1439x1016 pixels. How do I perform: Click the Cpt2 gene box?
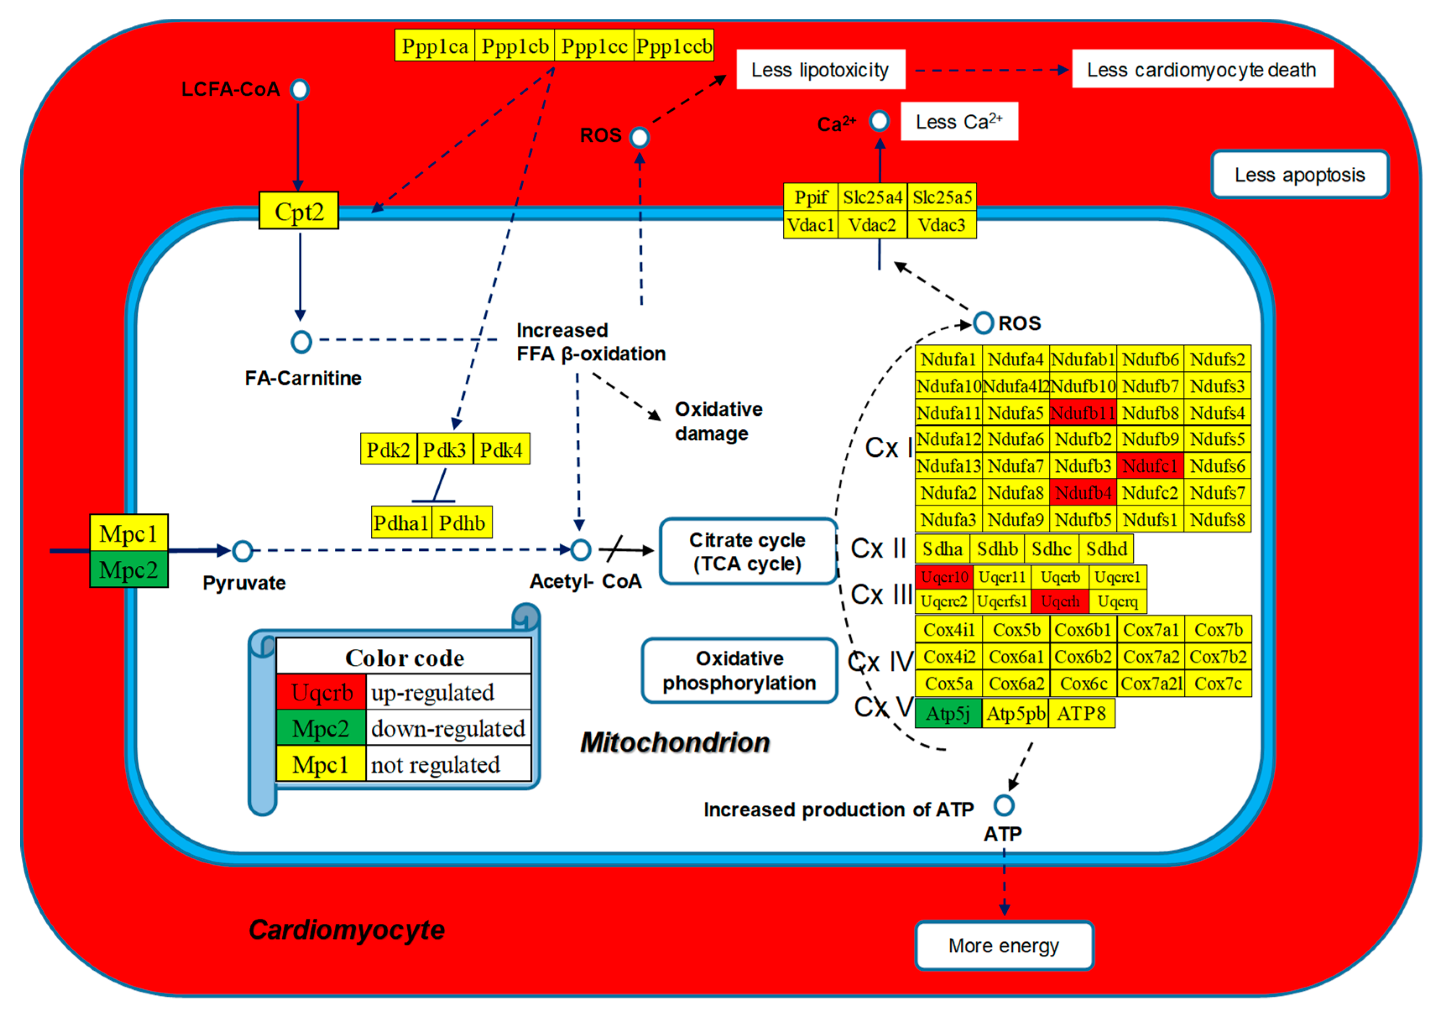tap(299, 211)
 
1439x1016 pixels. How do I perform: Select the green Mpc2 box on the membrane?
tap(128, 570)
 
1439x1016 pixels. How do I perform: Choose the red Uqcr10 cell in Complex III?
tap(944, 577)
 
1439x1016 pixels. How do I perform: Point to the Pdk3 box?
tap(444, 449)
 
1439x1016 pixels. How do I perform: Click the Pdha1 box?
tap(401, 523)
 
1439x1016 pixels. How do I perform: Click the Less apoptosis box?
tap(1299, 175)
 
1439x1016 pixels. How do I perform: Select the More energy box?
tap(1004, 945)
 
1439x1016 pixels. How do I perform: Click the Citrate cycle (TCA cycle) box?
tap(748, 552)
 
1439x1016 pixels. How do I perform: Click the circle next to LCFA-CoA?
tap(300, 90)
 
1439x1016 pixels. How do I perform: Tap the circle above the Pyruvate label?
tap(242, 551)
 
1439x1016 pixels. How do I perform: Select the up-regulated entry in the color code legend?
tap(433, 693)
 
